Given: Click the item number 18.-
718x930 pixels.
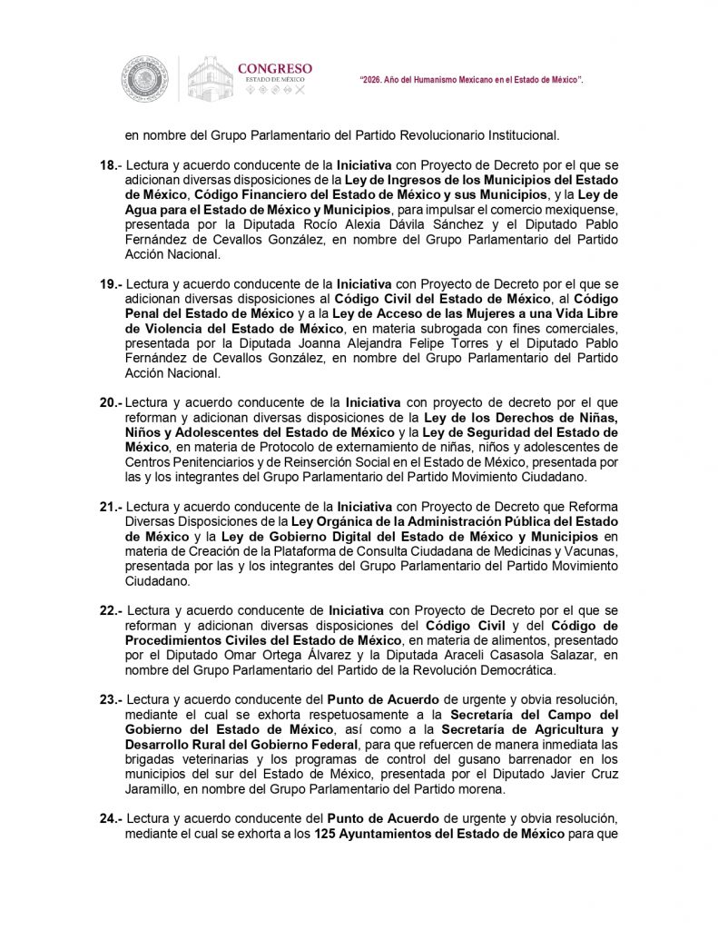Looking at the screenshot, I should click(x=110, y=167).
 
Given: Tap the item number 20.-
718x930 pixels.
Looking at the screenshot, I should click(x=111, y=401).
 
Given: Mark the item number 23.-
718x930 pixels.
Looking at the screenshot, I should click(x=110, y=699).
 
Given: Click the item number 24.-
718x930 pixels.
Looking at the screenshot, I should click(x=110, y=817).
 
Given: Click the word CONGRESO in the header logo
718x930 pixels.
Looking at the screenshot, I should click(x=274, y=68).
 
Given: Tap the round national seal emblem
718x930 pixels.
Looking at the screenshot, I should click(x=144, y=78).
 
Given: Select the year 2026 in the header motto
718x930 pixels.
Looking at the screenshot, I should click(x=374, y=81).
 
